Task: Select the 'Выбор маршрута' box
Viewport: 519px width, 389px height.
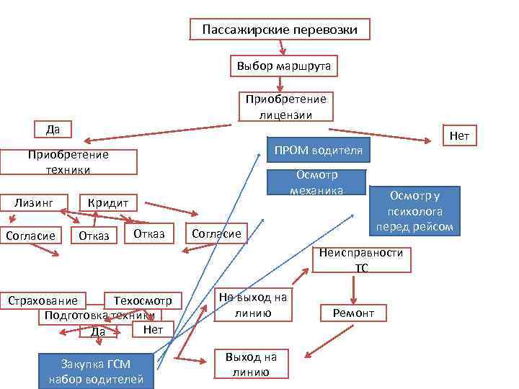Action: [x=284, y=66]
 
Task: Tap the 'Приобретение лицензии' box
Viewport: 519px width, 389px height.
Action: [x=285, y=107]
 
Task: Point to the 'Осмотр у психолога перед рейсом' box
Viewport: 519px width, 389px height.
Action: [x=414, y=211]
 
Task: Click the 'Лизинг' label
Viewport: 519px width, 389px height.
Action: [x=34, y=202]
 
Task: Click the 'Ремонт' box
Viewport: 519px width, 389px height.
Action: [x=353, y=313]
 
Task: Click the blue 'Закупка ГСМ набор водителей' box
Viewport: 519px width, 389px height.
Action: [x=96, y=371]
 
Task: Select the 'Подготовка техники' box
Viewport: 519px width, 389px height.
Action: [x=99, y=315]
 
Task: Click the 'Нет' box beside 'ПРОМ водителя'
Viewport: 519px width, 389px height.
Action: [x=459, y=135]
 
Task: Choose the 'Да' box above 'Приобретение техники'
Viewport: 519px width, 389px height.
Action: [x=53, y=130]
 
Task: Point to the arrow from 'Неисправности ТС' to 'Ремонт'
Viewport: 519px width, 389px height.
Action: [x=353, y=288]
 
